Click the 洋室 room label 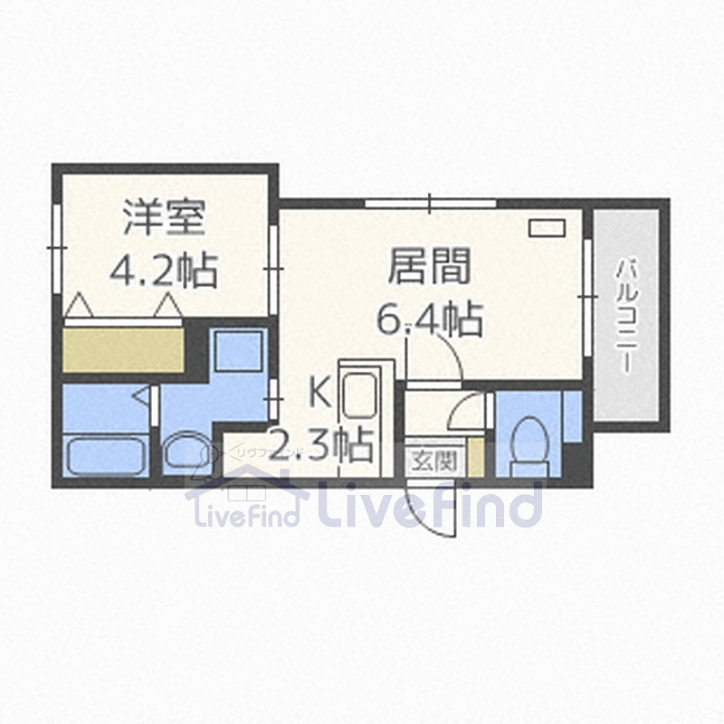coord(166,218)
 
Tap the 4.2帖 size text coord(163,268)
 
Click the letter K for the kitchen coord(319,392)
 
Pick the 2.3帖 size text coord(322,443)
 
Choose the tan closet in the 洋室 coord(123,349)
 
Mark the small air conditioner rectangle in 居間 coord(546,227)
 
